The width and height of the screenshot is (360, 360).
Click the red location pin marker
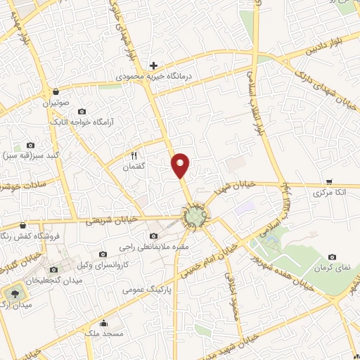pos(181,165)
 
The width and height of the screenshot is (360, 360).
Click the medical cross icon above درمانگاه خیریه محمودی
pos(153,65)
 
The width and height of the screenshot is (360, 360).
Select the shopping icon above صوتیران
pos(55,91)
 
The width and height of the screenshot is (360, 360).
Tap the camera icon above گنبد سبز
pos(30,145)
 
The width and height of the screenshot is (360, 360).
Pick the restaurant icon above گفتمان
pos(133,155)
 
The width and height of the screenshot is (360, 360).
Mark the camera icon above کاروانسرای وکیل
pos(103,254)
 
